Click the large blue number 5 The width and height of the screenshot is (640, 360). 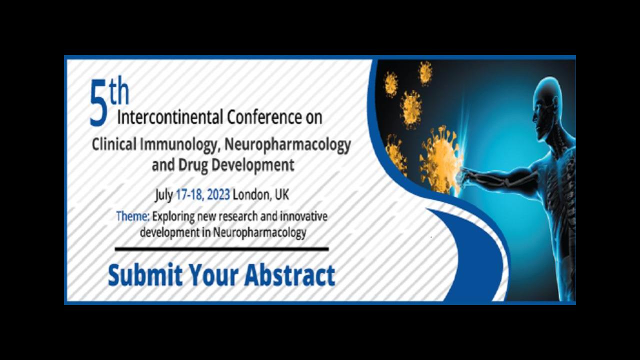point(98,103)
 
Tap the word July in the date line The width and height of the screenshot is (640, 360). point(163,195)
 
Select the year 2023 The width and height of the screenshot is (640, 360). point(218,194)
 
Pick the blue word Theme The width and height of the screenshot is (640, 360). point(133,216)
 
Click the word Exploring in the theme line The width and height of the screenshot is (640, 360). point(173,216)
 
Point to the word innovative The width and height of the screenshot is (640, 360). point(303,216)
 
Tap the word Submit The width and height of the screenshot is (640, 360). point(145,275)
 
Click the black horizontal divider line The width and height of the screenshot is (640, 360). point(221,249)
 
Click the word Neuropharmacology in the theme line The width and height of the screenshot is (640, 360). point(259,232)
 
